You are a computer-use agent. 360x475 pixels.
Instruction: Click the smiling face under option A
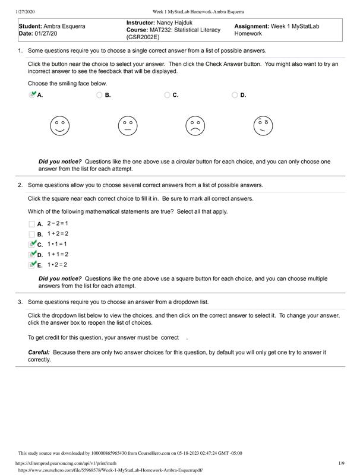59,125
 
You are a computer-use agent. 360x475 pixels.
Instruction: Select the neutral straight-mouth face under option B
127,125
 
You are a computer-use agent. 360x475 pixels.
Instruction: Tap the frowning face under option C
195,125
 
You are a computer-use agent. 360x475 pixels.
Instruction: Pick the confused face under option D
263,125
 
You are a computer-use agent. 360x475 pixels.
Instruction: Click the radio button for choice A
32,95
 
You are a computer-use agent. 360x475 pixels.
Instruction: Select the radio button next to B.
99,95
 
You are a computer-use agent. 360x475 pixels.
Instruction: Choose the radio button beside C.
167,95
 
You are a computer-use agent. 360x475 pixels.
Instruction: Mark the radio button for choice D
235,95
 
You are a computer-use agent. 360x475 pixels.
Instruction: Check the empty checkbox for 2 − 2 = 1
32,224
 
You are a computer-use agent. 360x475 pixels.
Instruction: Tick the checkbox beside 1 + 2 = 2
32,234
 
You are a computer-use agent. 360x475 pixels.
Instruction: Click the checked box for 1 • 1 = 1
32,244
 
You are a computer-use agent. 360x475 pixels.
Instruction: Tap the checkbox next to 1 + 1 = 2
32,255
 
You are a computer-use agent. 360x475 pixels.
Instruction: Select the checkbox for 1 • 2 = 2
32,265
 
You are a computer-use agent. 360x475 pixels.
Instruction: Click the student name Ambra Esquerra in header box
65,27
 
